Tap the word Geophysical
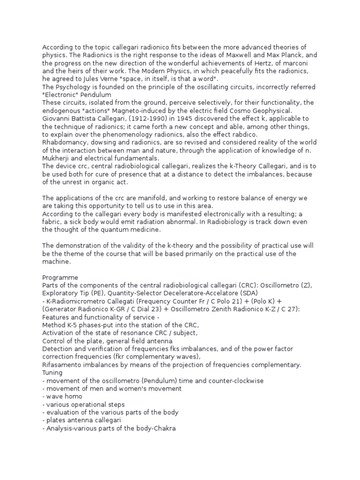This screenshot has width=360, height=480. (268, 111)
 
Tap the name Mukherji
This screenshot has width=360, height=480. (58, 158)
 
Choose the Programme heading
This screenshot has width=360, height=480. (60, 277)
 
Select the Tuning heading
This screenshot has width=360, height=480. (52, 373)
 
